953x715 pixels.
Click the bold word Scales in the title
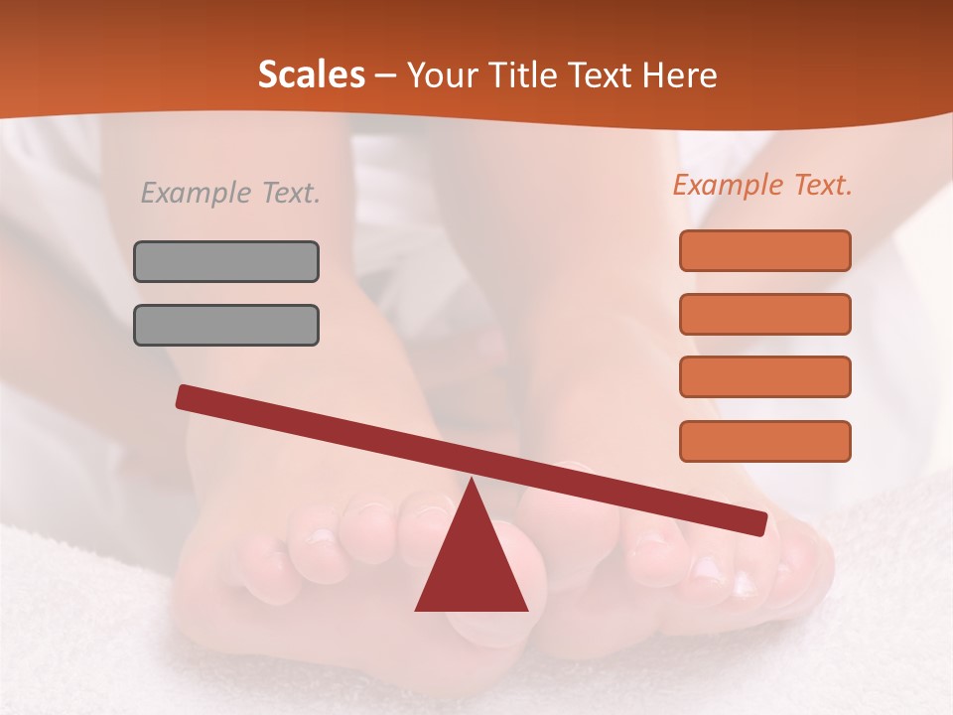[x=311, y=74]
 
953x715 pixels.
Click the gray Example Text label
[x=230, y=193]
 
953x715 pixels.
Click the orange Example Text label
[x=762, y=185]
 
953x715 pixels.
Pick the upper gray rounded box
[x=226, y=261]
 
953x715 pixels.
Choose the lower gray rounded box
[x=226, y=325]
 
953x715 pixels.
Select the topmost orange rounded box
[x=764, y=250]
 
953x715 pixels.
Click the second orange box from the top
[x=764, y=314]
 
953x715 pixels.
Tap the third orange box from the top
[x=764, y=377]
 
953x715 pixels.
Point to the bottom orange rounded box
[x=764, y=441]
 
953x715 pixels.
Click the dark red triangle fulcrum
[x=472, y=566]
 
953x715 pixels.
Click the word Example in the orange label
[x=727, y=185]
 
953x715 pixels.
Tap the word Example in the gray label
[x=195, y=193]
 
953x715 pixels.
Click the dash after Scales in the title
[x=385, y=76]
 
